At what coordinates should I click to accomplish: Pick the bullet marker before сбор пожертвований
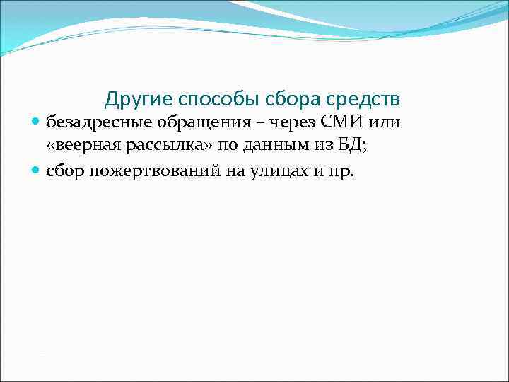point(37,170)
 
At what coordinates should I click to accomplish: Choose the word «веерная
point(81,146)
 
